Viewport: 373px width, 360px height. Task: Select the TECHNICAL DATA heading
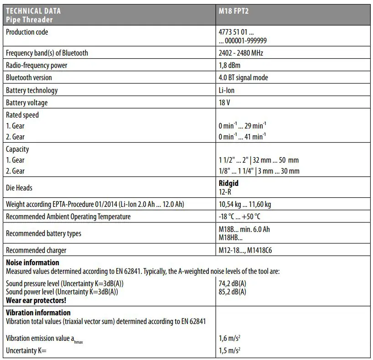point(33,10)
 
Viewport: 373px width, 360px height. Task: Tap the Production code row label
point(27,32)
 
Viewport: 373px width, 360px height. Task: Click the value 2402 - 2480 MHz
point(241,53)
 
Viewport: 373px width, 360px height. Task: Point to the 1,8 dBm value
point(229,65)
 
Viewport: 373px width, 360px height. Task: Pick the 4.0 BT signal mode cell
point(243,77)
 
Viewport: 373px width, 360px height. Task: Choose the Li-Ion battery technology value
point(227,90)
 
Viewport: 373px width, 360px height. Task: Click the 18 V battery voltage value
point(224,103)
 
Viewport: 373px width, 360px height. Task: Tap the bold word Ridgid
point(228,183)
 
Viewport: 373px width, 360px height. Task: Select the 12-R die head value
point(226,192)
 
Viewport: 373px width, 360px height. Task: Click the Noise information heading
point(32,262)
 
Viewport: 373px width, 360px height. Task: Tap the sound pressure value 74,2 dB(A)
point(233,283)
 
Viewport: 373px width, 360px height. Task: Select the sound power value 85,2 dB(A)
point(233,292)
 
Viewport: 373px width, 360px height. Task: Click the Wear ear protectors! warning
point(36,300)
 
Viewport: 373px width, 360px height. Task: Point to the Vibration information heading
point(38,313)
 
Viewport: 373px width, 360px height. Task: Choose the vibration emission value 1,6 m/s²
point(230,338)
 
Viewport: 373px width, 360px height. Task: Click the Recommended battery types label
point(43,233)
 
